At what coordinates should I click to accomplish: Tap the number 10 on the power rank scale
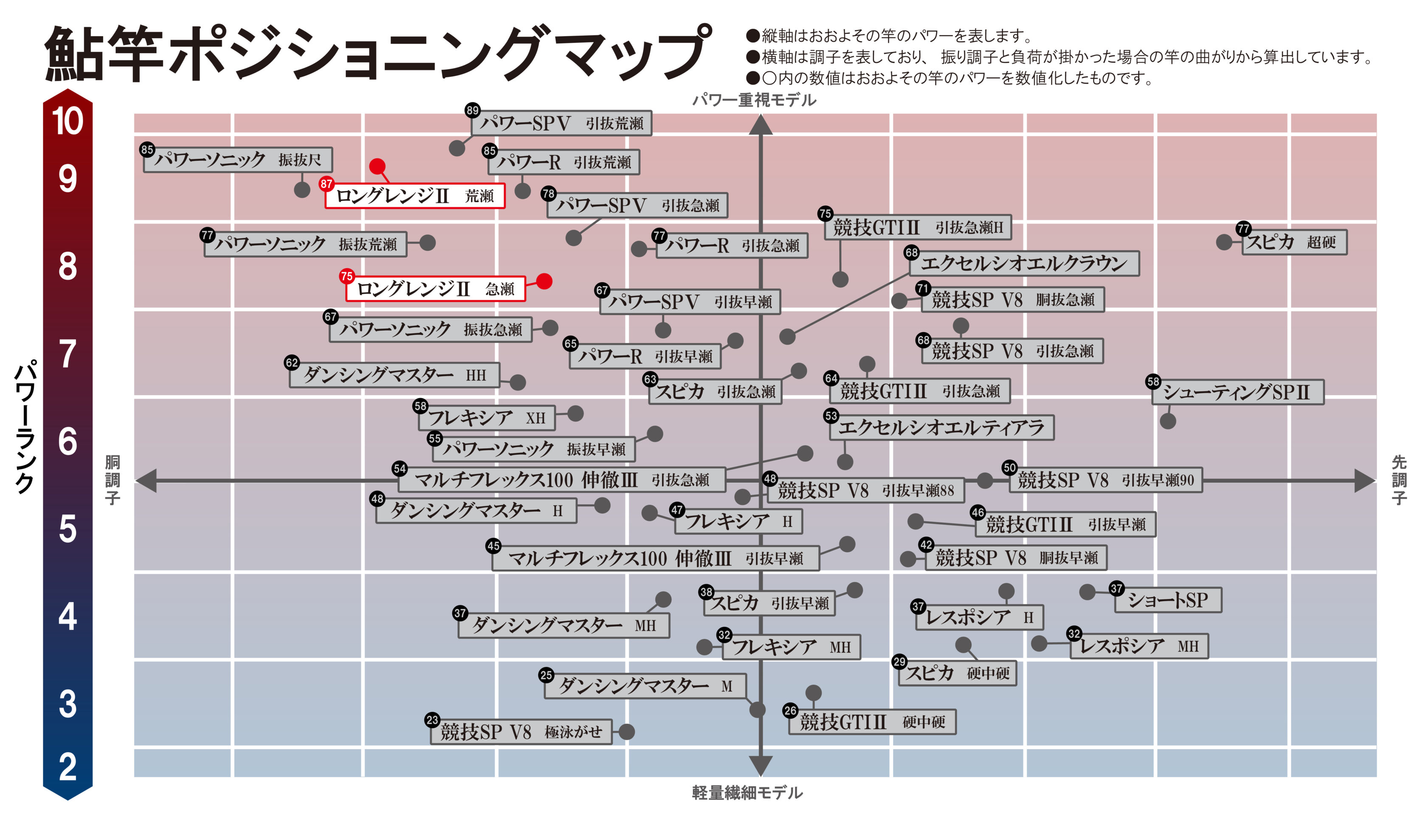click(x=68, y=121)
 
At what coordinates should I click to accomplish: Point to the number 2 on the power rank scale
click(x=68, y=767)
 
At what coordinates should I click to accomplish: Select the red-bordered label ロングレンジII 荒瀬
click(x=415, y=196)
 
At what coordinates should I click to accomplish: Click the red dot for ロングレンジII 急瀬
click(x=544, y=281)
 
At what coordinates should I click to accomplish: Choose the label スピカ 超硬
click(x=1294, y=242)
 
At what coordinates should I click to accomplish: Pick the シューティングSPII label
click(x=1237, y=392)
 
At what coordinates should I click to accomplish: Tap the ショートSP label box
click(x=1168, y=600)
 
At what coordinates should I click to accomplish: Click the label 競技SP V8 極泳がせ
click(x=521, y=732)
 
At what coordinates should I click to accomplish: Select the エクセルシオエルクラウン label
click(x=1024, y=264)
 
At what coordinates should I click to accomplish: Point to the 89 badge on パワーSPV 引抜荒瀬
click(x=473, y=110)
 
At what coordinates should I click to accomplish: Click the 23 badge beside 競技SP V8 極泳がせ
click(x=432, y=720)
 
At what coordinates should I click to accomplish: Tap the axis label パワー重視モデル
click(x=754, y=100)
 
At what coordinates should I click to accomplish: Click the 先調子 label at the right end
click(x=1399, y=480)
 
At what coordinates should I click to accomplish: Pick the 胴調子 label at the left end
click(x=113, y=480)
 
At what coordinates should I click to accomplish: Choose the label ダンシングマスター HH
click(x=394, y=375)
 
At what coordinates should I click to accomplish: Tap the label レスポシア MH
click(x=1139, y=646)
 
